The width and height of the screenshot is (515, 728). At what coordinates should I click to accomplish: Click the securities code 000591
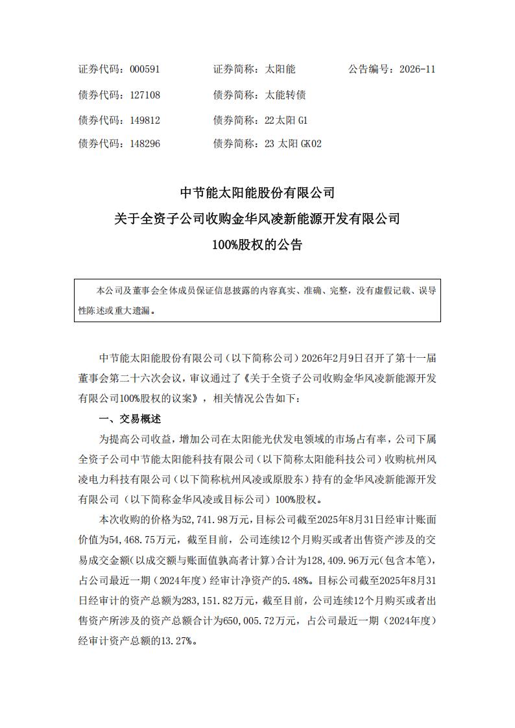tap(145, 69)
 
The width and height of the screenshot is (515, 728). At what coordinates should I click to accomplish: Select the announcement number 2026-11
tap(418, 69)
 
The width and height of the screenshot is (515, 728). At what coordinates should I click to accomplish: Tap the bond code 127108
tap(145, 95)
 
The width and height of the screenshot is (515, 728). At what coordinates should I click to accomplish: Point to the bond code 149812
tap(145, 120)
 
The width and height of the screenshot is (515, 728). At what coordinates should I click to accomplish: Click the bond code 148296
tap(145, 144)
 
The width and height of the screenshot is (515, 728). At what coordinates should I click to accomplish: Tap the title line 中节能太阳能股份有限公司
tap(257, 193)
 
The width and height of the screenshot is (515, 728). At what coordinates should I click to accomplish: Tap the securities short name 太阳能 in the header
tap(280, 69)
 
